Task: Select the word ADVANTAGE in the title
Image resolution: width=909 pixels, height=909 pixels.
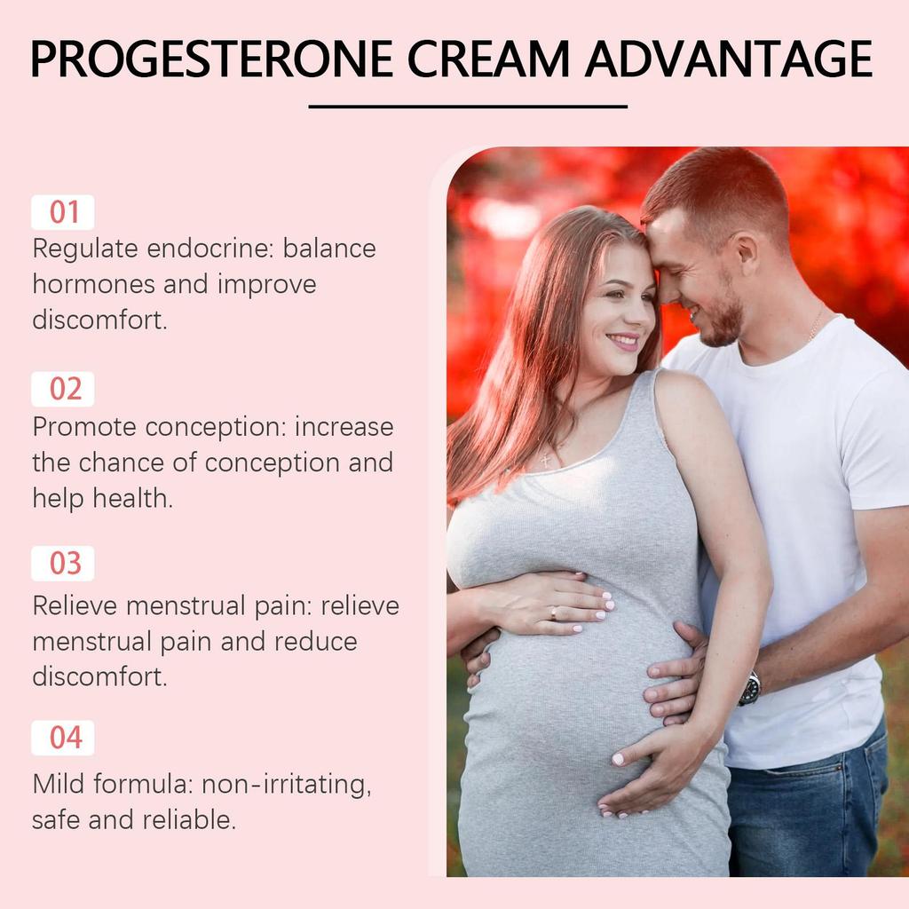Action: click(x=728, y=59)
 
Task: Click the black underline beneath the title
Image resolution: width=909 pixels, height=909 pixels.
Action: click(x=468, y=107)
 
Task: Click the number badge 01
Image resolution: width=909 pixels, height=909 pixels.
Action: click(x=63, y=213)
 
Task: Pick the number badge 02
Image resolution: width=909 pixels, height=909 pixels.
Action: click(x=63, y=390)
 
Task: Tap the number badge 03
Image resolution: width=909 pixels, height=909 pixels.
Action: click(x=63, y=564)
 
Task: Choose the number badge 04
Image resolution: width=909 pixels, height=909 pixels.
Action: click(x=63, y=738)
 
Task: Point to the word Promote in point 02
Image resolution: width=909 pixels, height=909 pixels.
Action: click(x=84, y=427)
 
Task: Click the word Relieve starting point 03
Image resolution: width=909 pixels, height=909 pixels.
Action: click(x=75, y=606)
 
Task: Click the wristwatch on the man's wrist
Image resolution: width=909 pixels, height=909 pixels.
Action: click(x=751, y=688)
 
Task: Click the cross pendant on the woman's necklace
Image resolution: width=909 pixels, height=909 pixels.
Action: click(x=544, y=459)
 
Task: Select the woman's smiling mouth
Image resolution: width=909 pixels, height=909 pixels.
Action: click(x=624, y=341)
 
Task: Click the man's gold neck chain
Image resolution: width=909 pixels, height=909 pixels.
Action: click(x=815, y=326)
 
